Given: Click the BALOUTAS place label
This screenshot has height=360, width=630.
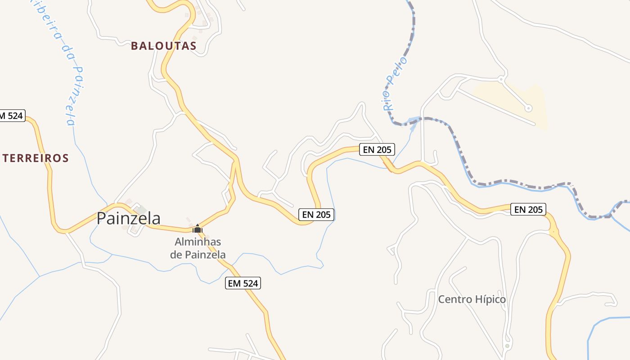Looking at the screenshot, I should (x=164, y=46).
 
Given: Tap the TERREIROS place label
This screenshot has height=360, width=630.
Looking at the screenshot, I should (x=36, y=158).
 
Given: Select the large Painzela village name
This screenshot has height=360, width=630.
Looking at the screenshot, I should (x=129, y=218).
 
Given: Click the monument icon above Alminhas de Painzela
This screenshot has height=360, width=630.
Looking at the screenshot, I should (x=197, y=229).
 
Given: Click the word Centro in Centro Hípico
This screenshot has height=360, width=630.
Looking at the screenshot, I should (x=454, y=299).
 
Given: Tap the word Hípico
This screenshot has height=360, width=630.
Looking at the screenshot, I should (x=489, y=299).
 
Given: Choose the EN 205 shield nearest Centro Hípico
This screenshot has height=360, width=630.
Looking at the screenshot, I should (x=528, y=209).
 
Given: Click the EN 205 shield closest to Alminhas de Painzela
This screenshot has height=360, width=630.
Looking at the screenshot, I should (x=317, y=215).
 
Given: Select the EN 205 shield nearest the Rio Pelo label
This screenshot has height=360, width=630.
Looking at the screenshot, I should (x=377, y=149).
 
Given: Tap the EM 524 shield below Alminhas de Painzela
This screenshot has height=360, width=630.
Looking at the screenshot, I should (x=243, y=283).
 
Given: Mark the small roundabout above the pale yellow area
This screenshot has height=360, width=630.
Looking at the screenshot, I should (x=500, y=79).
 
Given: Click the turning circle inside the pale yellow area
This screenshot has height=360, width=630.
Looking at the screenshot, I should (x=529, y=108).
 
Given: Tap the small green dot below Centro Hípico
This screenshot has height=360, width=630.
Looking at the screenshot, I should (x=507, y=346).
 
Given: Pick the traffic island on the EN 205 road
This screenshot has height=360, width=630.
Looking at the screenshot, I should (x=554, y=232).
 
